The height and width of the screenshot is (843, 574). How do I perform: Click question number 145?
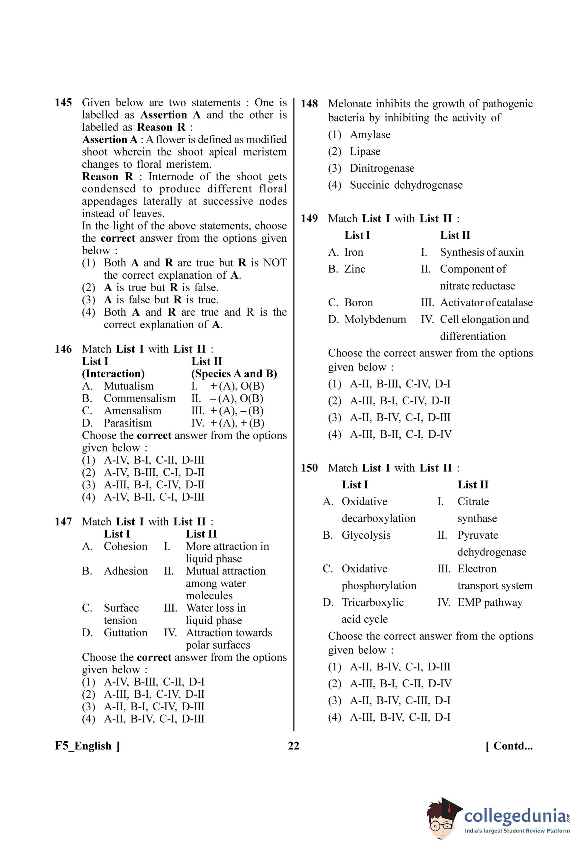(x=63, y=103)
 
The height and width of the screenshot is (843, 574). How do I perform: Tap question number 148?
(x=309, y=104)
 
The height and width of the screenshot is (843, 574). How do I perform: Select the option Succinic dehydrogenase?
(x=406, y=185)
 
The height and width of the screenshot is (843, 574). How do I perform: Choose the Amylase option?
(x=370, y=135)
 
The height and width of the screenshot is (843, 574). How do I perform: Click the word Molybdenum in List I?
(x=375, y=319)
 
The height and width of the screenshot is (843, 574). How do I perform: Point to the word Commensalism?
(x=139, y=398)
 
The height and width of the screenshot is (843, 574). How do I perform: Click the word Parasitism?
(x=128, y=423)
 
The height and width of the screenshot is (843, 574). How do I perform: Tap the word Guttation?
(x=125, y=632)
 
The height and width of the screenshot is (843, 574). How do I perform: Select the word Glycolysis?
(x=366, y=535)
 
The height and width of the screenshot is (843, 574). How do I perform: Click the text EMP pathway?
(x=489, y=602)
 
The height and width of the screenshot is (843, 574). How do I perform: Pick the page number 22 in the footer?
(x=294, y=746)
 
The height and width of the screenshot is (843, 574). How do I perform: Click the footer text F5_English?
(x=87, y=746)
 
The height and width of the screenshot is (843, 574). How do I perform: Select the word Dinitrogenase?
(x=382, y=168)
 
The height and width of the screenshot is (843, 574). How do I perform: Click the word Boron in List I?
(x=358, y=302)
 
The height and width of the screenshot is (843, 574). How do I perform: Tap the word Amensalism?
(x=132, y=411)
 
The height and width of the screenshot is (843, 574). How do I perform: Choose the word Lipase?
(x=365, y=151)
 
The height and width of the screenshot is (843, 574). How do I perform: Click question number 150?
(x=309, y=468)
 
